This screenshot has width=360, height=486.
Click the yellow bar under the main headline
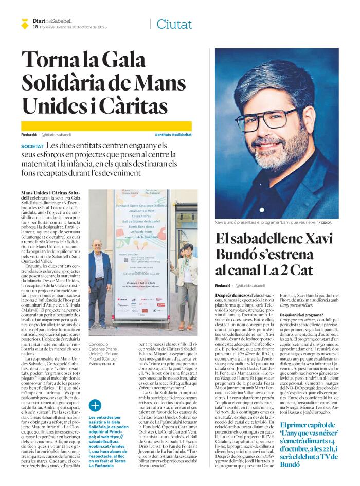[x=106, y=126]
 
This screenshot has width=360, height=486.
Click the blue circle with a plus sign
[x=96, y=405]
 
